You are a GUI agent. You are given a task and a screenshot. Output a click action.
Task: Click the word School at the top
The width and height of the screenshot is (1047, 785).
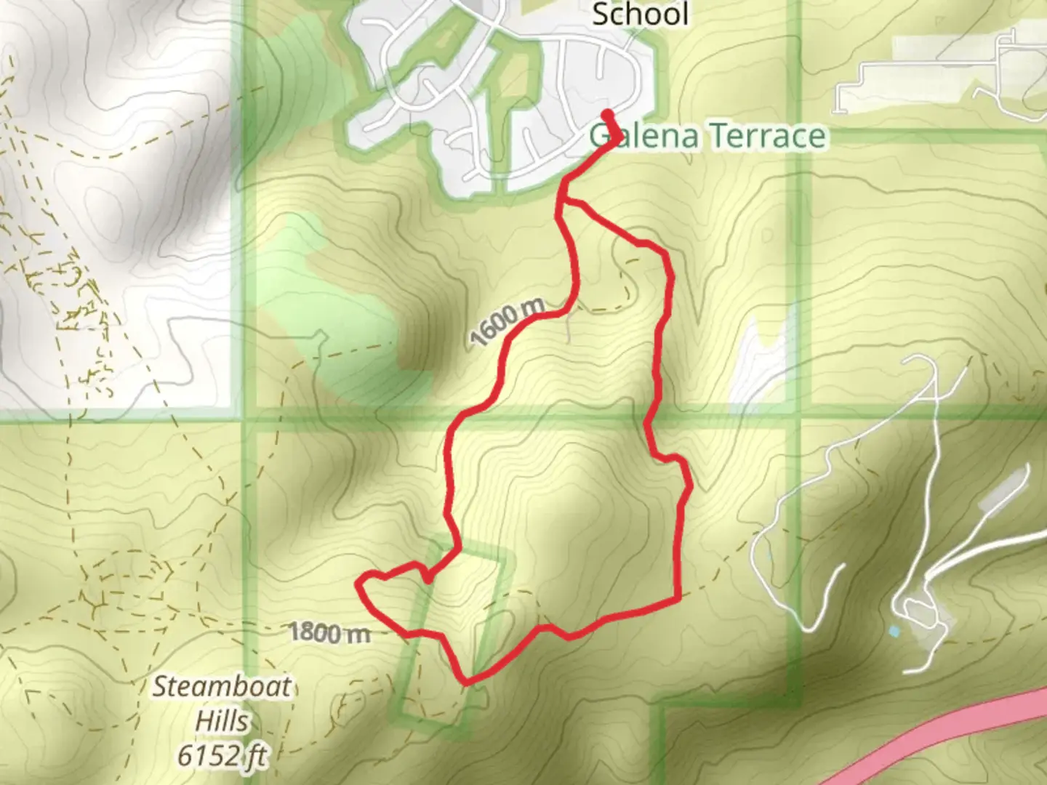pos(640,15)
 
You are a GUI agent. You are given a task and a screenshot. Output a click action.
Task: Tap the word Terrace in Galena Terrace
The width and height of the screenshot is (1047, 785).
pos(767,136)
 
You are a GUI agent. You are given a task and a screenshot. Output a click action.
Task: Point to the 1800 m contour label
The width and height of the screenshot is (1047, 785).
pos(329,632)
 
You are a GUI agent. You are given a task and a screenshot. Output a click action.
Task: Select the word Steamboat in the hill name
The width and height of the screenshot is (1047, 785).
pos(222,687)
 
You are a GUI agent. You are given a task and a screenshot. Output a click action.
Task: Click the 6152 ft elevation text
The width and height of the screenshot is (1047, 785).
pos(222,756)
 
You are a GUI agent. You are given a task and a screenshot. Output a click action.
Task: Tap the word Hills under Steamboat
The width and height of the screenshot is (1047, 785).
pos(222,722)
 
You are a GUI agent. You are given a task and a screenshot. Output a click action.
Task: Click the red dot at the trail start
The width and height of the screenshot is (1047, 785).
pos(607,113)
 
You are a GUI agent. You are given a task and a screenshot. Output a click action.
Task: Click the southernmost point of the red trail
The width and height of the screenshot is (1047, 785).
pos(466,682)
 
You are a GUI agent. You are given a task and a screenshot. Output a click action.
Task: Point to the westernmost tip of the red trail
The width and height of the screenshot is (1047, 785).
pos(358,582)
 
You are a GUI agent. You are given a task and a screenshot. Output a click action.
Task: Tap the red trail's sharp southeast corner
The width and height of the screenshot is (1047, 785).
pos(678,599)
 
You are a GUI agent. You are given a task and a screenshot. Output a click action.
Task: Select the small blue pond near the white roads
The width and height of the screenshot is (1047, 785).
pos(894,631)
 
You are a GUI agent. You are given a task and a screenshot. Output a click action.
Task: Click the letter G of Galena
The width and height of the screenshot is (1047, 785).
pos(601,137)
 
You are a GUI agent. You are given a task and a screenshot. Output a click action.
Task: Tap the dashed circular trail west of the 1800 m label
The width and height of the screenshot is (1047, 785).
pos(124,581)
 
